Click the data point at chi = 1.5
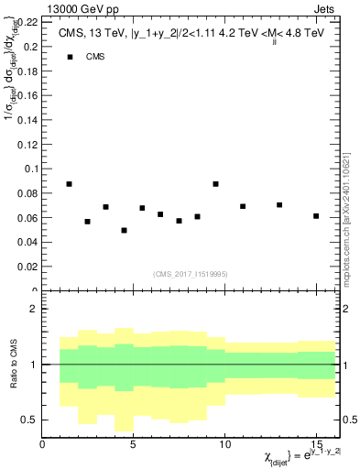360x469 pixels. click(x=70, y=183)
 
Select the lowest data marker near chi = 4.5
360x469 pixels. click(x=124, y=230)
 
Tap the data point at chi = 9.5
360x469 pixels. click(x=215, y=183)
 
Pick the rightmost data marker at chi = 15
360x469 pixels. click(x=316, y=216)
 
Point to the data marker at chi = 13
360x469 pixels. click(x=279, y=205)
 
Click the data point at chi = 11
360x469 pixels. click(x=243, y=206)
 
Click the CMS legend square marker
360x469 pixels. click(x=70, y=57)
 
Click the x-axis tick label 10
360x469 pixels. click(x=224, y=445)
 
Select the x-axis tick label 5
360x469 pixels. click(x=134, y=445)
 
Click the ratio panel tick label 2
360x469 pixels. click(x=33, y=310)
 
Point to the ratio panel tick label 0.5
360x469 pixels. click(x=28, y=420)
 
